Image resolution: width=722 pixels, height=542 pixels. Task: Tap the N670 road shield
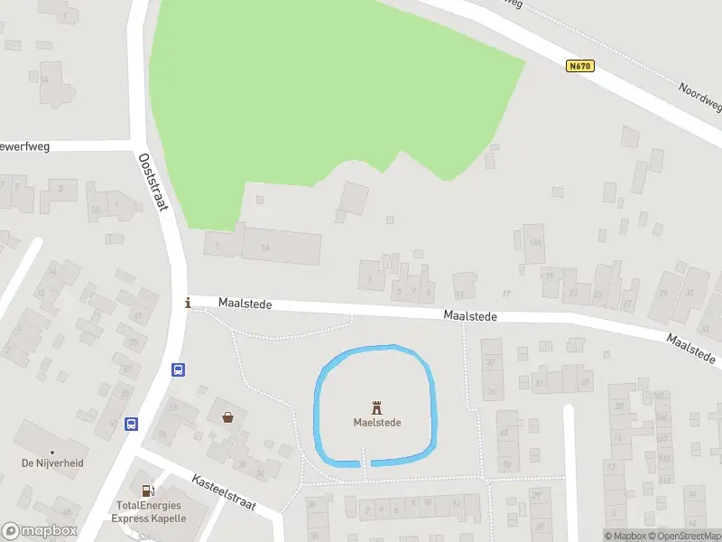coord(581,66)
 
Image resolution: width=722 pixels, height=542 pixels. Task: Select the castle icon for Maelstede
coord(376,406)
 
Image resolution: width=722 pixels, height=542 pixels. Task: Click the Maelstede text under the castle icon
coord(377,422)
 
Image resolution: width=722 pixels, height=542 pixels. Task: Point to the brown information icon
coord(188,304)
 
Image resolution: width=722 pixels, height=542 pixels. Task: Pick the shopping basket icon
coord(228,416)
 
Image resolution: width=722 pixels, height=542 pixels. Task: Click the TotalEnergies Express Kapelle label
coord(149,512)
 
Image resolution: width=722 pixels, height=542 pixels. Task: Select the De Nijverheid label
coord(51,463)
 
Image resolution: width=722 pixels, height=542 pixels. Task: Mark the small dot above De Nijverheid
coord(51,451)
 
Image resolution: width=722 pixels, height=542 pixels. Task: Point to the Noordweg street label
coord(701,96)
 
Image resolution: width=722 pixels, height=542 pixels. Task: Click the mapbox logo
coord(40,531)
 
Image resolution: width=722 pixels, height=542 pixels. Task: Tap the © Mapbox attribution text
coord(630,536)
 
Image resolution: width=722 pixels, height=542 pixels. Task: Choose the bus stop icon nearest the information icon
coord(179,369)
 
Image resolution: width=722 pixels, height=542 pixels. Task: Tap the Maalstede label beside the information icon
coord(245,305)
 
